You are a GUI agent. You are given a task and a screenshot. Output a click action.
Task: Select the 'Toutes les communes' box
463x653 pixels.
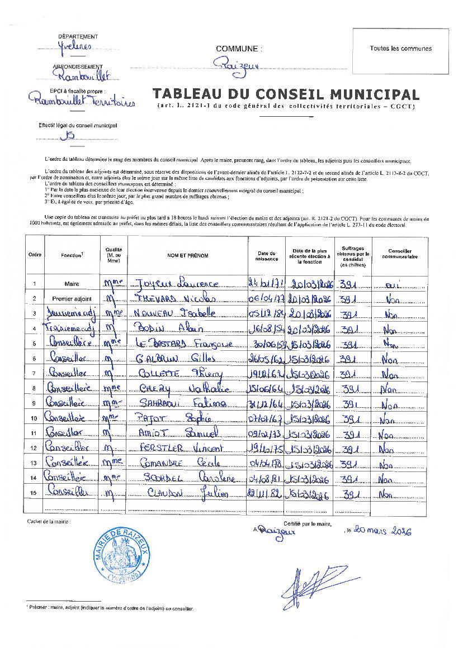(x=400, y=49)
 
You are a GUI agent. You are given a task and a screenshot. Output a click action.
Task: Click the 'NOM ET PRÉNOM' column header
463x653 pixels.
(x=187, y=255)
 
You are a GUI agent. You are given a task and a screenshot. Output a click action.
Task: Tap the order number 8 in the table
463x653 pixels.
(x=35, y=388)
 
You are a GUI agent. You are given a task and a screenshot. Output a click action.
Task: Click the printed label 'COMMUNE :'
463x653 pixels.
(x=239, y=49)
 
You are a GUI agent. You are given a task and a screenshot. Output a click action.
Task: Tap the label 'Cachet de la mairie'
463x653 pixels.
(x=49, y=521)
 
